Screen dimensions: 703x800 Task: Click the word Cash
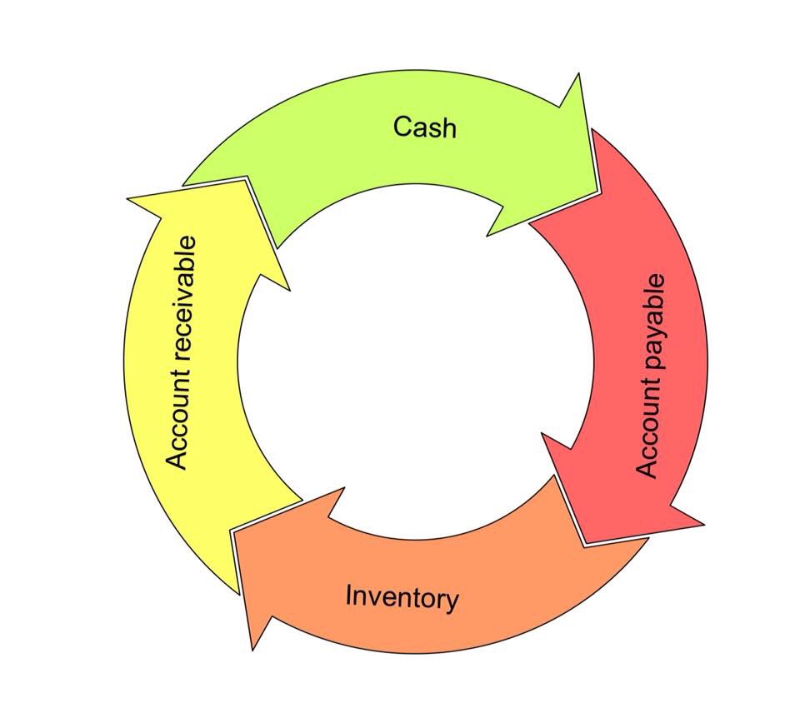[x=424, y=127]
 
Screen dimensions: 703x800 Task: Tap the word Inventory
[x=402, y=597]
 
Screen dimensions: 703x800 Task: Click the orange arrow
[x=467, y=575]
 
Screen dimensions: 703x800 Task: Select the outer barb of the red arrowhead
[x=703, y=525]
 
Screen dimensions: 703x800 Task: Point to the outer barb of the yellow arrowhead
[x=128, y=198]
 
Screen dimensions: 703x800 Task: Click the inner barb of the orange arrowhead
[x=342, y=489]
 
